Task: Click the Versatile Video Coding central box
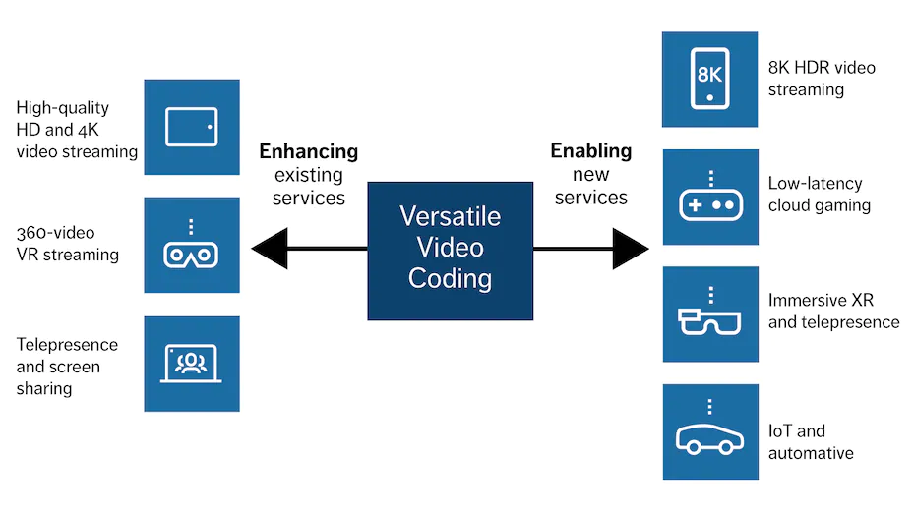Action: (450, 251)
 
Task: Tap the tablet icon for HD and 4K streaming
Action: (192, 127)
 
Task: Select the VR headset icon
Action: (192, 245)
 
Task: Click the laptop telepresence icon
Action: (192, 364)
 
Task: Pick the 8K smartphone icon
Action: (709, 80)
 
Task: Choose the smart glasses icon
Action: (710, 314)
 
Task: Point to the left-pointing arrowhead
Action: (270, 249)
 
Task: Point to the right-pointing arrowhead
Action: (631, 249)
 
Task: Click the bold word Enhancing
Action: (309, 151)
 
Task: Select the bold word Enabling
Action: (591, 151)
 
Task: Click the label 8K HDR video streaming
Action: (822, 79)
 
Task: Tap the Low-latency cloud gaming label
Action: (820, 194)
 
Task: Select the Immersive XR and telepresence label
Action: (834, 311)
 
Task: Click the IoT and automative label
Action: (811, 441)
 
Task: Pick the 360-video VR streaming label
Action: (68, 244)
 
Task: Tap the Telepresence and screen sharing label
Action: (67, 367)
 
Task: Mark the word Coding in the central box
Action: (450, 278)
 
